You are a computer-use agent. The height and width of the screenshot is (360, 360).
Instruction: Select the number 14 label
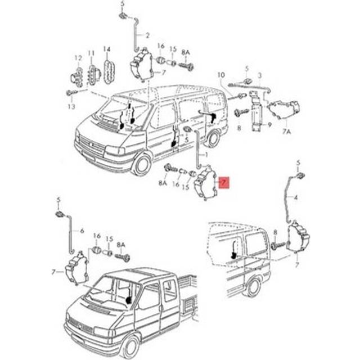(x=107, y=49)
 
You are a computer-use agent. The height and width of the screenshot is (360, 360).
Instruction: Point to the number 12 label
(x=78, y=57)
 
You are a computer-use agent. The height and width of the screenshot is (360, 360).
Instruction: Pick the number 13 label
(x=71, y=106)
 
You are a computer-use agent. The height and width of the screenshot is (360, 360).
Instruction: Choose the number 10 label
(x=220, y=75)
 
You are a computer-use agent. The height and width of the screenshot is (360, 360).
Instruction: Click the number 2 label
(x=147, y=35)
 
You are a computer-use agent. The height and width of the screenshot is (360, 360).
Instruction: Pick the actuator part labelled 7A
(x=284, y=110)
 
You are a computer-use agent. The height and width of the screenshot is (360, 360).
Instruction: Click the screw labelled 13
(x=71, y=92)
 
